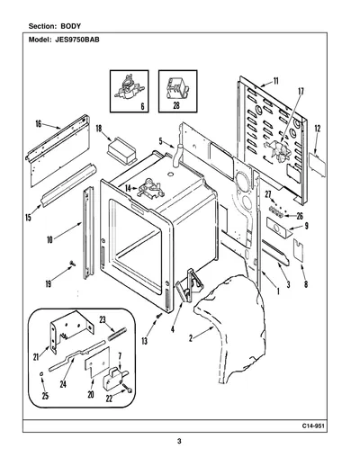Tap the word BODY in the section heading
coord(71,26)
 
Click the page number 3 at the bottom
coord(179,441)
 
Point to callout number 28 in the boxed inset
coord(176,106)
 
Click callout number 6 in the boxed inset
coord(142,106)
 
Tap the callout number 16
coord(39,123)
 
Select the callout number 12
coord(318,129)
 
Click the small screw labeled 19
coord(72,264)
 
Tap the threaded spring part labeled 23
coord(118,334)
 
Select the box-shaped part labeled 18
coord(121,151)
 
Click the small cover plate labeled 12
coord(318,161)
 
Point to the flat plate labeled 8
coord(298,251)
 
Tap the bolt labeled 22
coord(129,390)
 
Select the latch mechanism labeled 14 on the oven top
coord(151,188)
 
